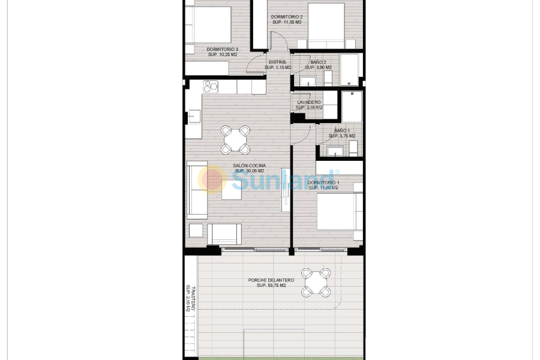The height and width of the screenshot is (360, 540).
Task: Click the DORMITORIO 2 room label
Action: click(x=287, y=17)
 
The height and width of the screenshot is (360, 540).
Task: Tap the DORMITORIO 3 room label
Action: click(x=223, y=49)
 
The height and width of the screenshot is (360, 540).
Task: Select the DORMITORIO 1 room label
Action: click(x=323, y=182)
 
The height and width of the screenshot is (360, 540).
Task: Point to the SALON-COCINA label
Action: click(x=250, y=166)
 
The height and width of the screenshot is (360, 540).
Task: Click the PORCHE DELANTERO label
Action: click(x=271, y=280)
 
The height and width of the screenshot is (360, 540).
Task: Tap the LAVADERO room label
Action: click(x=309, y=103)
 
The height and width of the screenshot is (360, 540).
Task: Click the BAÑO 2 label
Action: click(x=319, y=62)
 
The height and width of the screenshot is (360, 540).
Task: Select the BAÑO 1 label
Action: click(x=341, y=131)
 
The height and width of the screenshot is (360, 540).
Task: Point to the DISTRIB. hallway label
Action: click(x=277, y=62)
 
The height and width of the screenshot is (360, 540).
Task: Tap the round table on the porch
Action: click(x=316, y=282)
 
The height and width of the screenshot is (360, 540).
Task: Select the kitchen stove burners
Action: click(x=210, y=87)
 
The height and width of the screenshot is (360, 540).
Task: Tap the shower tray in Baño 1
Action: click(x=352, y=106)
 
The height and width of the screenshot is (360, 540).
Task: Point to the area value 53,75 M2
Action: click(x=271, y=286)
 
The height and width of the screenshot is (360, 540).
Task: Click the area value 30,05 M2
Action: click(x=250, y=171)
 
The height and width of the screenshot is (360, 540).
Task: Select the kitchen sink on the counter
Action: click(x=194, y=116)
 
